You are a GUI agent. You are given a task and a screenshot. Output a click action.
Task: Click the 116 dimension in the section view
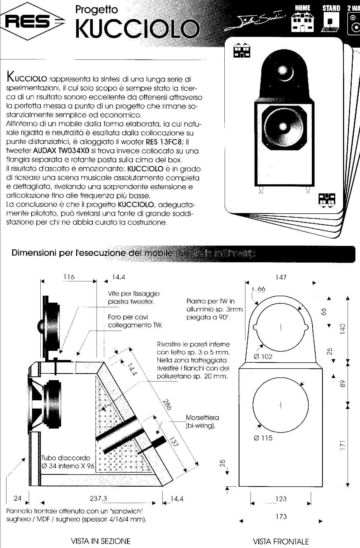[x=69, y=277]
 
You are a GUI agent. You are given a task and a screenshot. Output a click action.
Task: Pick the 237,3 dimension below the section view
[x=98, y=498]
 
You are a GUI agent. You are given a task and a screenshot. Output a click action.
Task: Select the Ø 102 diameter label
[x=263, y=357]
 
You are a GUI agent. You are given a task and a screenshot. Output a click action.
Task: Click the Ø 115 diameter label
[x=263, y=438]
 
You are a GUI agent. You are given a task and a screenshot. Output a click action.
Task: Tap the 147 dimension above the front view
[x=281, y=277]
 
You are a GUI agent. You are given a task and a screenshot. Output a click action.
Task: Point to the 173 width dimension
[x=281, y=516]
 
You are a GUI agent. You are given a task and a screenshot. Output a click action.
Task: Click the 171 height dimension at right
[x=342, y=446]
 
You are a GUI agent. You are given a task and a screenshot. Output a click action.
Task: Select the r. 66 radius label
[x=259, y=289]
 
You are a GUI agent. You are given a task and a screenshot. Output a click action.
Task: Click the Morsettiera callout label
[x=202, y=418]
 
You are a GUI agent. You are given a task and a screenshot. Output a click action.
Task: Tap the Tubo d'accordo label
[x=66, y=458]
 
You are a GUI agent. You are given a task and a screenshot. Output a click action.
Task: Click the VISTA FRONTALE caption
[x=281, y=541]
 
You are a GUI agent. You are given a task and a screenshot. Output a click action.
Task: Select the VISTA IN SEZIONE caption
[x=100, y=541]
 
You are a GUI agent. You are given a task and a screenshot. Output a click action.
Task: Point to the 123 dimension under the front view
[x=281, y=499]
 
